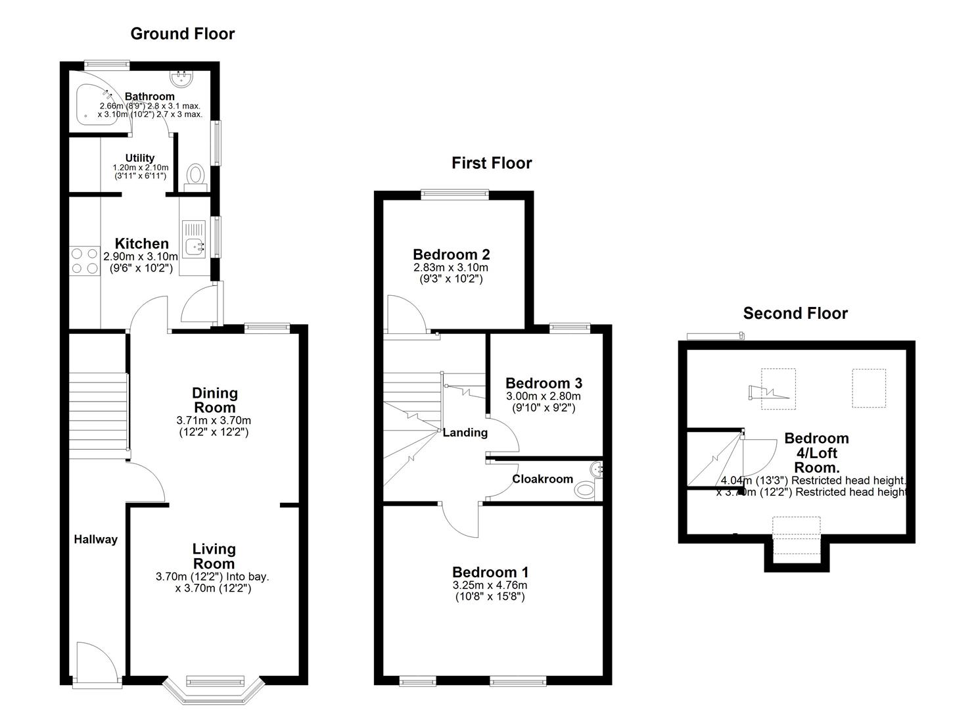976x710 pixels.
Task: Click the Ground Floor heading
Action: (x=182, y=34)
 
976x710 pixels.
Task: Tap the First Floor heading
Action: (x=492, y=163)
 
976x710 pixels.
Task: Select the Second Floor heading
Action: (x=795, y=314)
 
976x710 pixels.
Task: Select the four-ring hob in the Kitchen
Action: (x=84, y=260)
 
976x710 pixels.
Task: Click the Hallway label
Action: (x=95, y=539)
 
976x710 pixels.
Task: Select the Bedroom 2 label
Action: (x=451, y=254)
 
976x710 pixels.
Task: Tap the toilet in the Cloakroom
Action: (x=584, y=490)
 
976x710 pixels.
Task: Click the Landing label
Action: (x=465, y=433)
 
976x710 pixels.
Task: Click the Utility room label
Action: (x=140, y=158)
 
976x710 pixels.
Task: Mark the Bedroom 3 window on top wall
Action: (x=569, y=327)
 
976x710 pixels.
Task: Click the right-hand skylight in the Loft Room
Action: (x=870, y=388)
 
